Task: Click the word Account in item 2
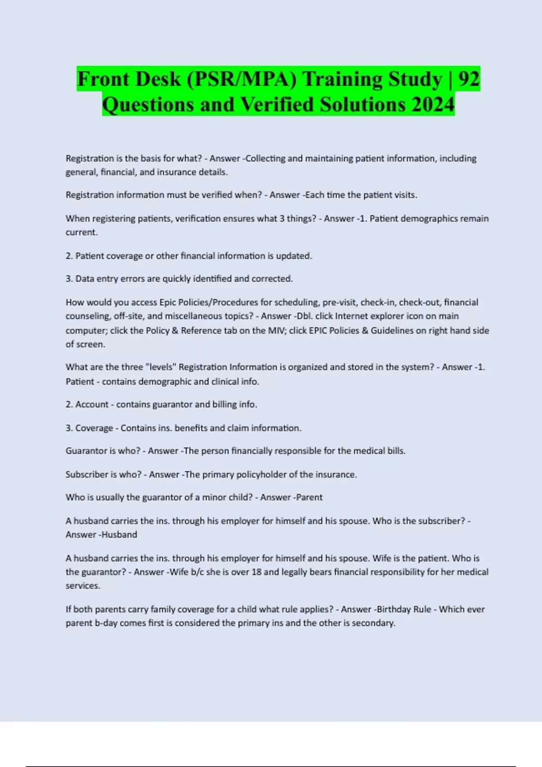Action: (92, 404)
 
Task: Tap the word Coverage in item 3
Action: (94, 428)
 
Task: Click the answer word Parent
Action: (309, 497)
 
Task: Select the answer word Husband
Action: (119, 534)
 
